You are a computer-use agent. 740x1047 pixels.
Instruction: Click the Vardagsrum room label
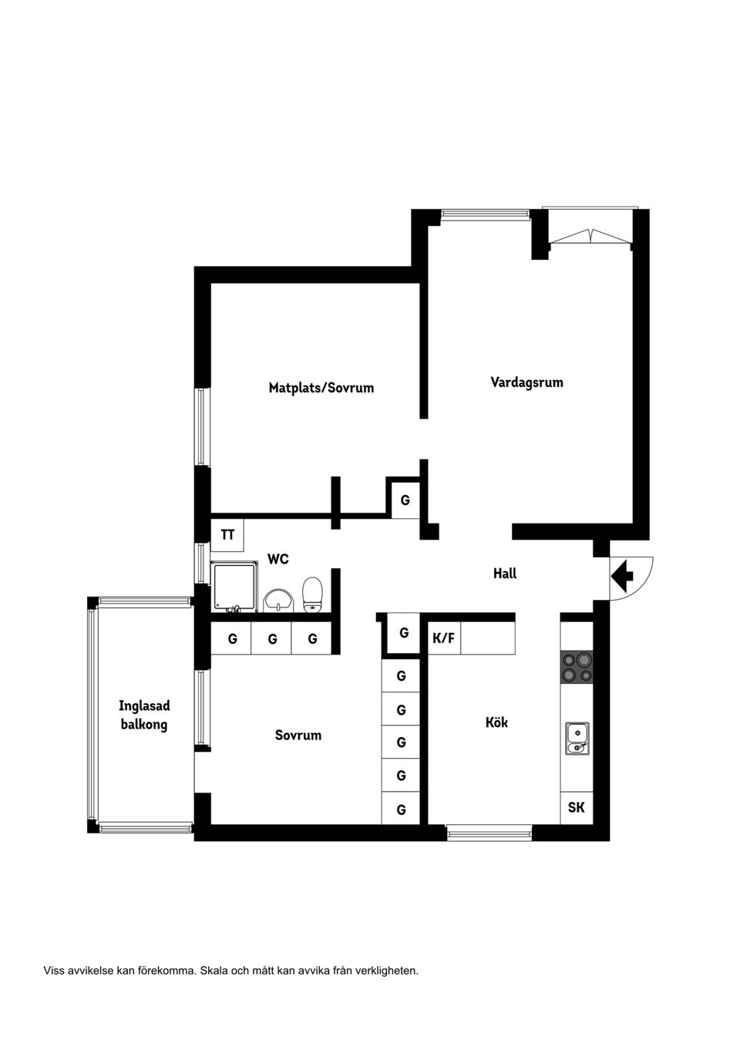pos(526,382)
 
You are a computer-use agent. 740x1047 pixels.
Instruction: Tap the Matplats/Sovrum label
pos(321,388)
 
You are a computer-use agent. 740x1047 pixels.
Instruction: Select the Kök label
pos(496,722)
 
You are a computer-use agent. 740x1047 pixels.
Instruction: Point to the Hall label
pos(505,573)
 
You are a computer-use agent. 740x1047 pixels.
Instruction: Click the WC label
pos(278,558)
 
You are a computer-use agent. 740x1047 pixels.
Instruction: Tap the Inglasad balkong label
pos(144,715)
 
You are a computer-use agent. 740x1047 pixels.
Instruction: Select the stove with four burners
pos(577,667)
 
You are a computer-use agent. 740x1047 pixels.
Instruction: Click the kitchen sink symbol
pos(577,739)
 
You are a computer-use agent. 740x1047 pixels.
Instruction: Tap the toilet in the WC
pos(312,594)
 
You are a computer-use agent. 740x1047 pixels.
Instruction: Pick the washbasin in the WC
pos(278,600)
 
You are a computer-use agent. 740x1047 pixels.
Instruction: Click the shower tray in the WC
pos(235,587)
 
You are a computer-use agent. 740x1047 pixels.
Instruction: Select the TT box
pos(227,535)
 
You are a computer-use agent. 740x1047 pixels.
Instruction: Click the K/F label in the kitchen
pos(443,638)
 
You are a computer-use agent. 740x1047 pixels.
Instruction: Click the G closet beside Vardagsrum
pos(405,500)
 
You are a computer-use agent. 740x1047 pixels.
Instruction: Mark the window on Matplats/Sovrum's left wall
pos(202,427)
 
